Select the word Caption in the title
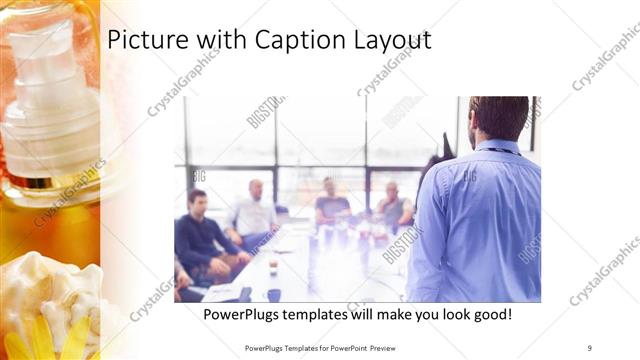[273, 41]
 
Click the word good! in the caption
[489, 314]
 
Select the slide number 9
[589, 347]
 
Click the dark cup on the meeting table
[273, 294]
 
